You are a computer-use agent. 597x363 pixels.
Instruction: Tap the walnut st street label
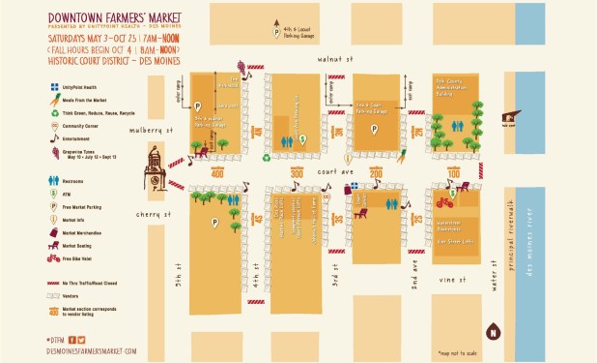tap(331, 59)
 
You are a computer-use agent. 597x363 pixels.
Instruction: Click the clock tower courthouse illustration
tap(156, 166)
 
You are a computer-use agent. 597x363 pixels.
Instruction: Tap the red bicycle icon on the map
tap(445, 202)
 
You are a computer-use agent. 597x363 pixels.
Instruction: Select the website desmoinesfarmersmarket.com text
tap(91, 350)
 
